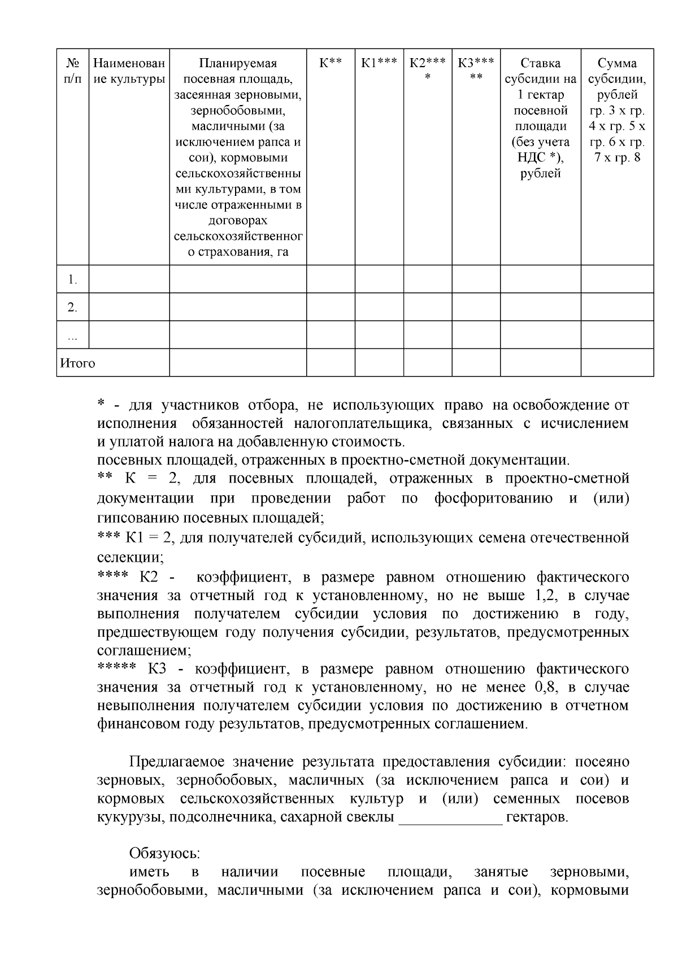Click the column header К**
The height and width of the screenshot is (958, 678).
click(x=331, y=63)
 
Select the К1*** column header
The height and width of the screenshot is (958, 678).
click(x=379, y=63)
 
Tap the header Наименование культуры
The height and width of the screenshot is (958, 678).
click(x=129, y=71)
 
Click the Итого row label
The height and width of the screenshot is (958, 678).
click(x=78, y=363)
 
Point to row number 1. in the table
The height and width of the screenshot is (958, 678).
click(x=72, y=279)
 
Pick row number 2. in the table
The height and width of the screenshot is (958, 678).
click(x=72, y=308)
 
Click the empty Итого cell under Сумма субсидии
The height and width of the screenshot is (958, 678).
click(x=617, y=362)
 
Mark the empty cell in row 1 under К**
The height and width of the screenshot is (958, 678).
click(x=331, y=279)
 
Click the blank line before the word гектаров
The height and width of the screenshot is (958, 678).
click(x=450, y=817)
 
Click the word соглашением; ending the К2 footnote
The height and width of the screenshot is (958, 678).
click(x=144, y=650)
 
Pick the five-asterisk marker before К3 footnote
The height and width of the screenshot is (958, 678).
click(x=116, y=668)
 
